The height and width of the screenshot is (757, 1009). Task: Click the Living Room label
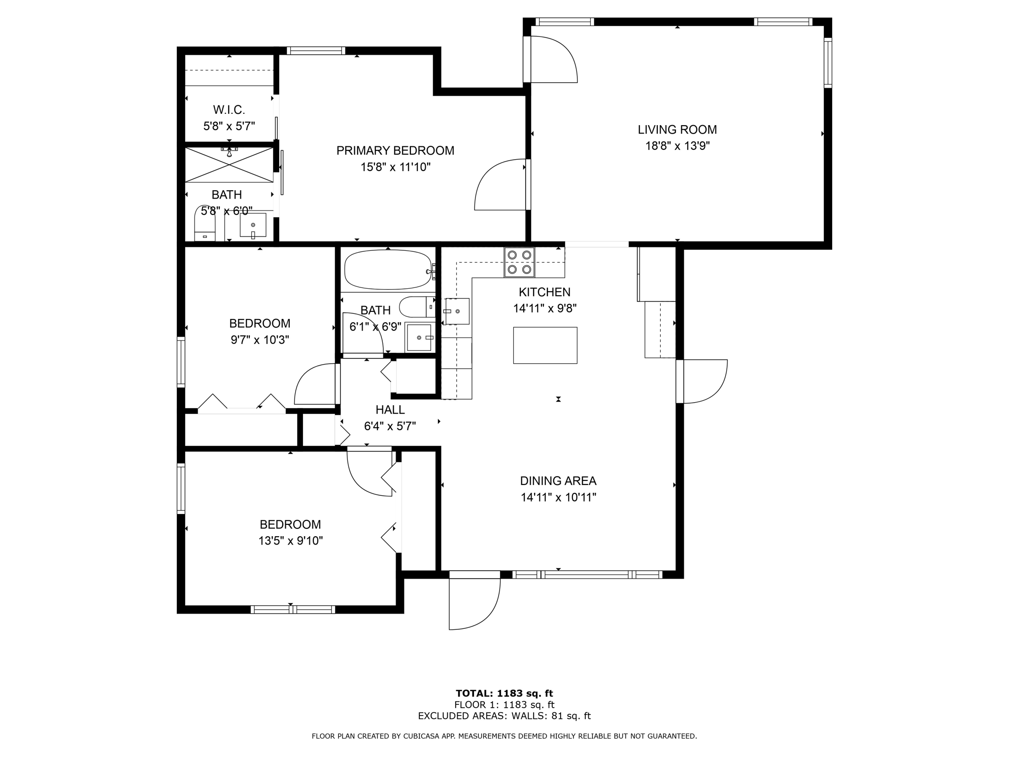point(677,130)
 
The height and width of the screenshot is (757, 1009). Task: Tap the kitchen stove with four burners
point(519,262)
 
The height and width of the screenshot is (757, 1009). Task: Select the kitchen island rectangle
point(545,345)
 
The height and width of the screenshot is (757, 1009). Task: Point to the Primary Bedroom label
point(395,151)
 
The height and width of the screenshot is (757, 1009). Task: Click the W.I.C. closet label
point(229,109)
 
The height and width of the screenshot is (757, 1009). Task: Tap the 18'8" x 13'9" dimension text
point(677,146)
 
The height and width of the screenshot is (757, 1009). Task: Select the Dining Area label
point(558,481)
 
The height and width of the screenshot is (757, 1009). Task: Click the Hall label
point(390,410)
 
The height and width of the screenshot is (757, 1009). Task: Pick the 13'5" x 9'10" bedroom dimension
point(291,541)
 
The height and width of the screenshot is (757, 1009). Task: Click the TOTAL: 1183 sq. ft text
point(504,693)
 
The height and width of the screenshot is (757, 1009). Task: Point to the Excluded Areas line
point(504,716)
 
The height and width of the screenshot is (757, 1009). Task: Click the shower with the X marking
point(229,165)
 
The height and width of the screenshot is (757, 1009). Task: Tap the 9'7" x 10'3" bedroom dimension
point(260,340)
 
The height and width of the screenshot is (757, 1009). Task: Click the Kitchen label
point(545,292)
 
